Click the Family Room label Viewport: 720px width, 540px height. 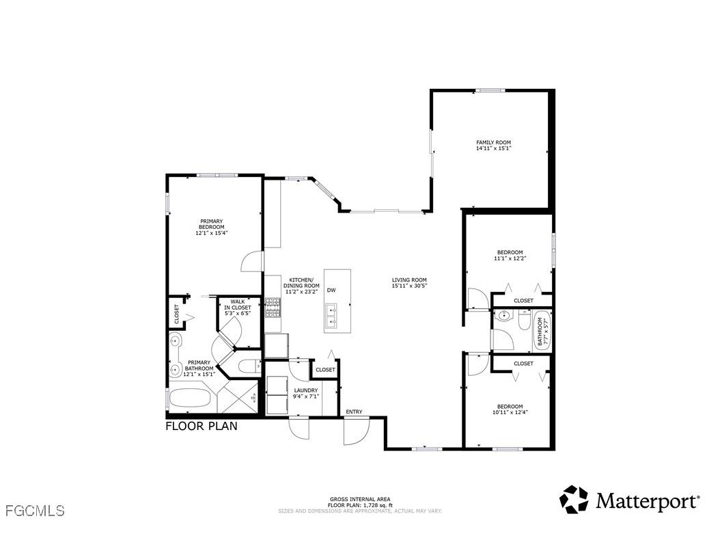click(493, 143)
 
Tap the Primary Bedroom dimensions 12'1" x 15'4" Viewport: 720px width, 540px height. click(211, 233)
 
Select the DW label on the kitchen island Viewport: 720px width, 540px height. click(331, 291)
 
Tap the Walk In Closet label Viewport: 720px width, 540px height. click(238, 305)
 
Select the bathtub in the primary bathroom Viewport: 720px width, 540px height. click(192, 399)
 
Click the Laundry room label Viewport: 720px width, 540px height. click(306, 390)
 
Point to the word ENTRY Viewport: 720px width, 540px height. click(354, 411)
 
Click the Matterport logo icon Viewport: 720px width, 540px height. click(574, 500)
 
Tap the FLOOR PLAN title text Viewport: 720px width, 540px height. click(202, 427)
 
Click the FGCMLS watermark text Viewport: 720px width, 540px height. click(34, 511)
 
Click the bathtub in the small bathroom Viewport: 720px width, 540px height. click(542, 330)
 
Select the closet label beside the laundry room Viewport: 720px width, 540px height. click(326, 370)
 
